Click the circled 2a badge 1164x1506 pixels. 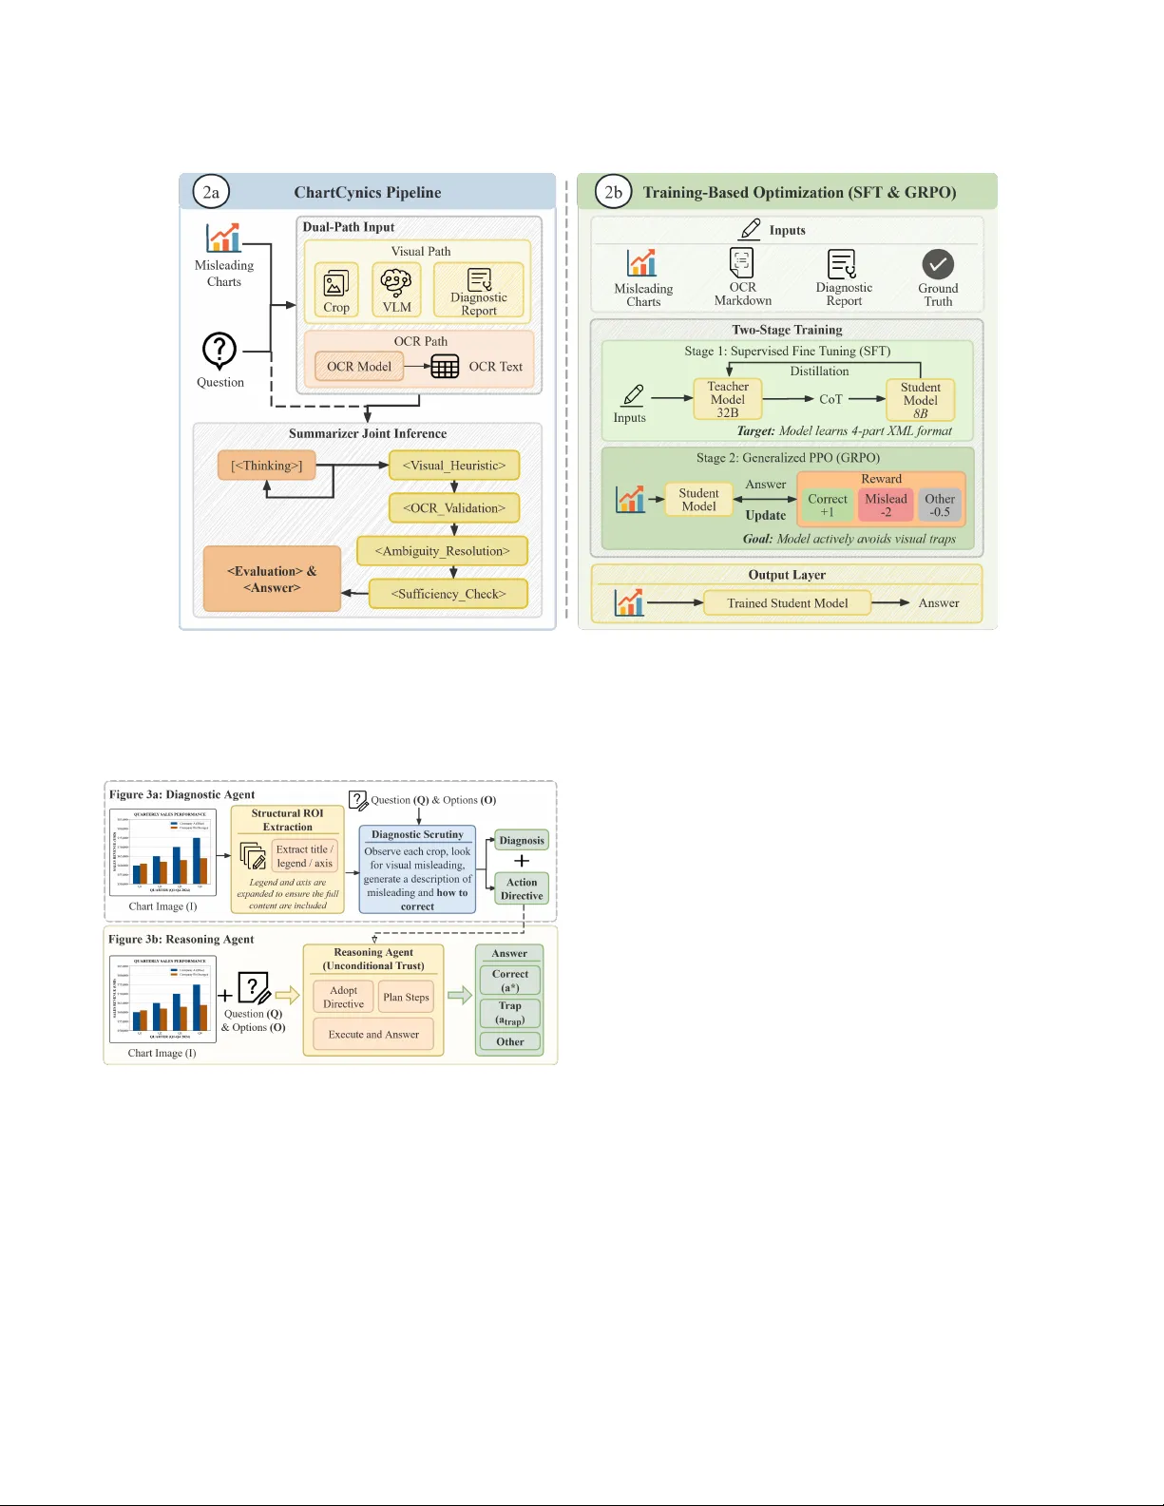(x=210, y=192)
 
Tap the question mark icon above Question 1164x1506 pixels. (x=219, y=351)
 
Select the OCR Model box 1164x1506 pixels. (x=358, y=367)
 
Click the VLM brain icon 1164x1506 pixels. (x=396, y=283)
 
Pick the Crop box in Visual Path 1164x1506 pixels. (x=336, y=290)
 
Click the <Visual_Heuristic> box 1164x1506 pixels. (x=453, y=466)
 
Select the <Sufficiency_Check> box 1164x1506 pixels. (x=448, y=594)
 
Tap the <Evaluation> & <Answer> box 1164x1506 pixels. (x=272, y=580)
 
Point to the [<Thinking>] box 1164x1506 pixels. (x=266, y=466)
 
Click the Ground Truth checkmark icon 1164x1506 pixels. (x=937, y=264)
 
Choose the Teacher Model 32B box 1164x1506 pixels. (x=728, y=399)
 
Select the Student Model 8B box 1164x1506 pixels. (x=920, y=400)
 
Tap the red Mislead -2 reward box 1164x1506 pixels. (x=886, y=505)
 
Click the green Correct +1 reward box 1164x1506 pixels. (x=827, y=505)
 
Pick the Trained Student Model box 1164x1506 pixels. (x=787, y=603)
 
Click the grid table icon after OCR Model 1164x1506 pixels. (x=444, y=367)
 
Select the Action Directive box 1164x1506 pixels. (x=522, y=888)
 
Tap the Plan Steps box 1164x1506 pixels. (x=406, y=997)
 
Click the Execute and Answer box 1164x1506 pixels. (x=373, y=1034)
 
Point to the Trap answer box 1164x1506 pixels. (x=509, y=1013)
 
